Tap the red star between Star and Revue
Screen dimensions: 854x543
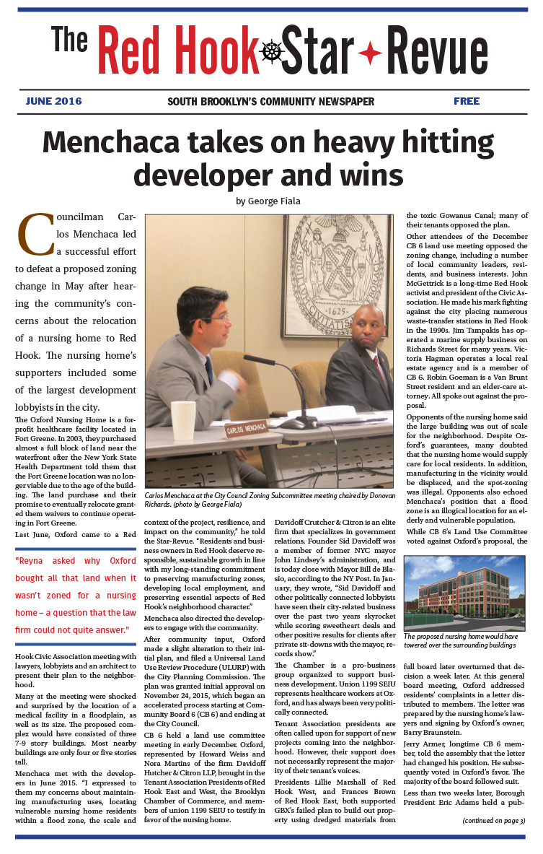370,53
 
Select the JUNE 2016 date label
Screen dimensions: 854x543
53,101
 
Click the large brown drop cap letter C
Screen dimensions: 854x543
35,234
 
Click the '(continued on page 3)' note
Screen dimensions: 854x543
493,821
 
